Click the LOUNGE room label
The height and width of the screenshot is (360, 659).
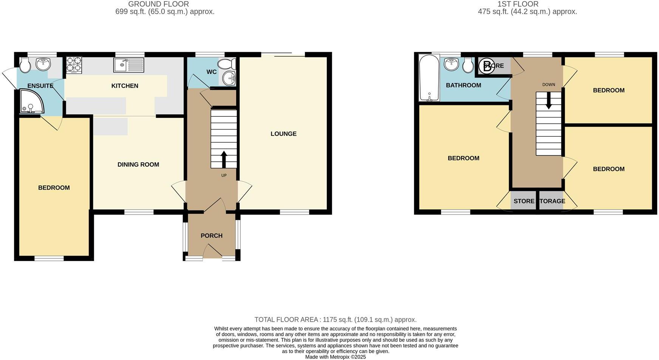(283, 134)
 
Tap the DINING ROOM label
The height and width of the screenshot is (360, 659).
(138, 164)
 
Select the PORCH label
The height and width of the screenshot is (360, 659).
(211, 236)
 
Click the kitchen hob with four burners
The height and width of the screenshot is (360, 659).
(74, 65)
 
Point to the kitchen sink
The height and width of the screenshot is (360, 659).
(128, 65)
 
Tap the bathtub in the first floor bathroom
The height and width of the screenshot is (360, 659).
(429, 78)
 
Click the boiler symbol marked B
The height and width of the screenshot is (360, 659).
(487, 66)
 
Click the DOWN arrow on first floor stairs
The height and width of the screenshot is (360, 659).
(548, 102)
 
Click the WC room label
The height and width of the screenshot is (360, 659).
(212, 72)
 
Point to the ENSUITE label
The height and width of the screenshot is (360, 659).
(40, 86)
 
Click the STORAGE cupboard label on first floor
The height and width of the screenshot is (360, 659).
(552, 201)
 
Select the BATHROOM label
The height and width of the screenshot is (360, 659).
(463, 85)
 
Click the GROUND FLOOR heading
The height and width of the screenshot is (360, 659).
(159, 4)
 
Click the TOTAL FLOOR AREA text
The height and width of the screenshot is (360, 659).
(336, 320)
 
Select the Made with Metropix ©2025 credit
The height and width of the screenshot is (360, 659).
(336, 357)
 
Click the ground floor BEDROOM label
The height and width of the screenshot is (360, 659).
(54, 188)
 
